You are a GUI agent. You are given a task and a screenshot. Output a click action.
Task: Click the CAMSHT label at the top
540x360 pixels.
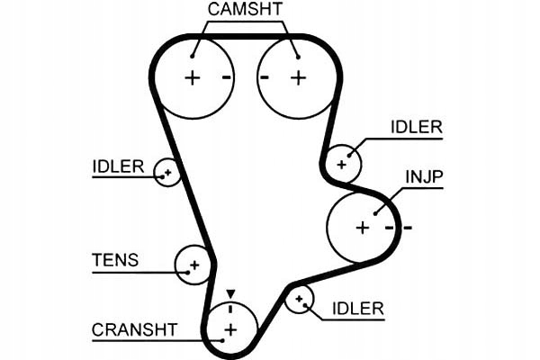[244, 11]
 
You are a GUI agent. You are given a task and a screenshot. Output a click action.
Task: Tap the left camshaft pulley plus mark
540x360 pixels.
[192, 77]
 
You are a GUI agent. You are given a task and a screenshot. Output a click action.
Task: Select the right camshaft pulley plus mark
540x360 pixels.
[298, 77]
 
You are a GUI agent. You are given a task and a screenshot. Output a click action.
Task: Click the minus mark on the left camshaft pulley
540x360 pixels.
[226, 77]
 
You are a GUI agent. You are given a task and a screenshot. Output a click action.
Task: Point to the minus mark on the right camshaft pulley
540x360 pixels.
[265, 77]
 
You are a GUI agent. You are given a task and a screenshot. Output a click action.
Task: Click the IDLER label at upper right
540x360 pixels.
[416, 127]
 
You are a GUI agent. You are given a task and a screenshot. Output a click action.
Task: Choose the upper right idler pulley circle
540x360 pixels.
[343, 163]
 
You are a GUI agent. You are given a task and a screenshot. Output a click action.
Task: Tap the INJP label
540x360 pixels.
[423, 176]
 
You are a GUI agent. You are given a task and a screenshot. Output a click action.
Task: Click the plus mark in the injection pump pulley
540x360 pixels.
[362, 228]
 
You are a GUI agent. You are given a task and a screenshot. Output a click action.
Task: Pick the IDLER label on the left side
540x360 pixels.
[118, 166]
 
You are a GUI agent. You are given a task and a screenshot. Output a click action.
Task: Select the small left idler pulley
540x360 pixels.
[166, 171]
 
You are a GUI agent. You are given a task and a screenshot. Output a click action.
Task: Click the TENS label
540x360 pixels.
[115, 261]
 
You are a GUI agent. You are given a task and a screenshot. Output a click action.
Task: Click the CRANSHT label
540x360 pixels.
[135, 329]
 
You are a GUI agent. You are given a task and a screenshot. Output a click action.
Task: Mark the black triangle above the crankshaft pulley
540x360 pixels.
[230, 293]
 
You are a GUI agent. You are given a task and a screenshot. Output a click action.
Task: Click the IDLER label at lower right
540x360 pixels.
[357, 309]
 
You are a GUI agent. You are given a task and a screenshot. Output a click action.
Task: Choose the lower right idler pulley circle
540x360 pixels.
[299, 300]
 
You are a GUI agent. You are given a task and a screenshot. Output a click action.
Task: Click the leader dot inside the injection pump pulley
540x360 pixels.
[377, 211]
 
